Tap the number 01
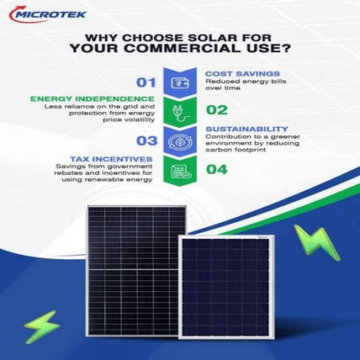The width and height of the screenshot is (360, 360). click(149, 82)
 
